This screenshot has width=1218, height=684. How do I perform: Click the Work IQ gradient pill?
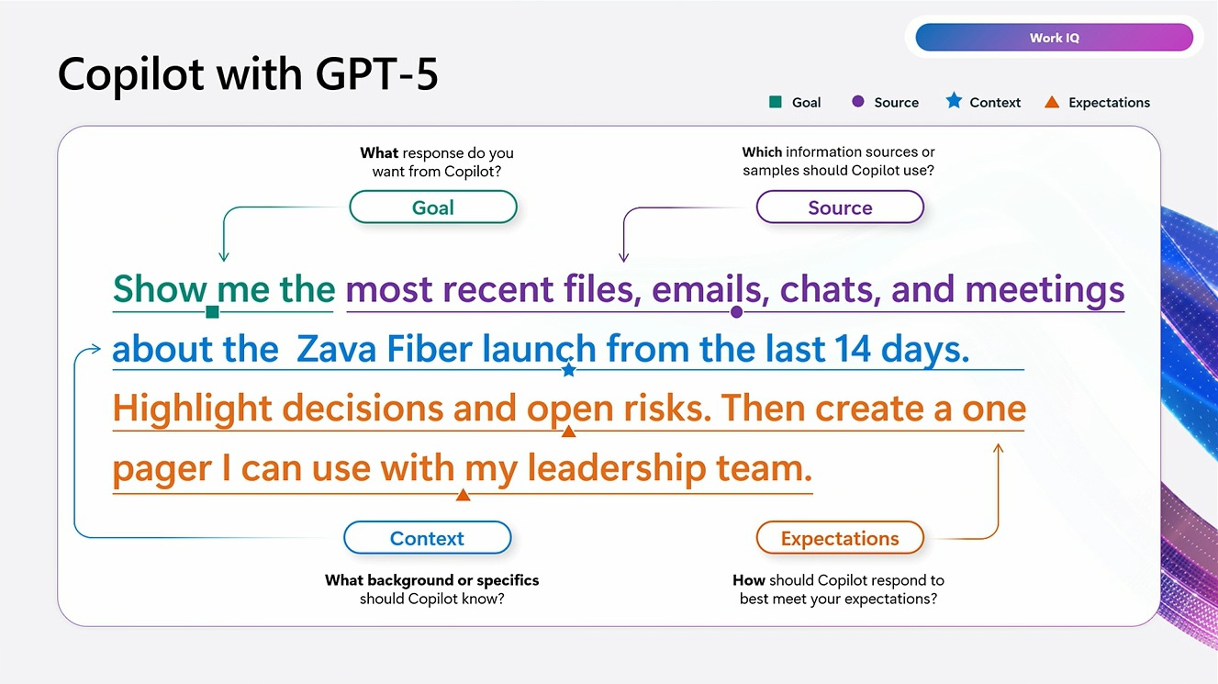[x=1054, y=38]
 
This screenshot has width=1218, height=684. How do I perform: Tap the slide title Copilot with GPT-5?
[x=248, y=74]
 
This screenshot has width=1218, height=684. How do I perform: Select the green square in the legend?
[x=776, y=102]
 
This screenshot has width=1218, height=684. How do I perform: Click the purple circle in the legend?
[x=858, y=102]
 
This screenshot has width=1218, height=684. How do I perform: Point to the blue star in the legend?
[x=954, y=101]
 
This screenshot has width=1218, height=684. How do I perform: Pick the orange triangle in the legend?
[x=1052, y=102]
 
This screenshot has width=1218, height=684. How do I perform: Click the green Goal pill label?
[x=433, y=207]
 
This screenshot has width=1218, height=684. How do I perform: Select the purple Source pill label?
[x=840, y=207]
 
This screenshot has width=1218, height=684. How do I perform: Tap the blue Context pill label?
[x=428, y=538]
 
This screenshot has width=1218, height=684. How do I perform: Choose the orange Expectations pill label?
[x=840, y=538]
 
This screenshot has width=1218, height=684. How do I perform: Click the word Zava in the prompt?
[x=337, y=349]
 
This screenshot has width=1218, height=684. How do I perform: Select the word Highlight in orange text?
[x=192, y=409]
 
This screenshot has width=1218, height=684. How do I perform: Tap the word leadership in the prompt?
[x=617, y=468]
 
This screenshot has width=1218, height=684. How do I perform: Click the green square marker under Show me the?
[x=213, y=312]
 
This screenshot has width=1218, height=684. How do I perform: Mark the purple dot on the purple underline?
[x=737, y=312]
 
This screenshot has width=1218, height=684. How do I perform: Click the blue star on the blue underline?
[x=569, y=370]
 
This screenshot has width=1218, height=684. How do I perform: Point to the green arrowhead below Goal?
[x=223, y=256]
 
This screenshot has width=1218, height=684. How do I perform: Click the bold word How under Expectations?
[x=749, y=580]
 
